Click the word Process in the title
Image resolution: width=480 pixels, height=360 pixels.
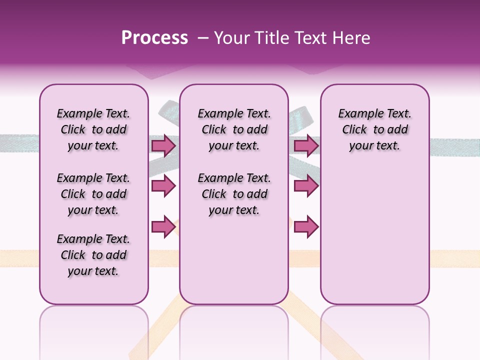tap(154, 38)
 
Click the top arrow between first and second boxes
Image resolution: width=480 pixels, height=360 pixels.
tap(163, 145)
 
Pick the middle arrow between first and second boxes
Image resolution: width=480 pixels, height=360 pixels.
tap(163, 186)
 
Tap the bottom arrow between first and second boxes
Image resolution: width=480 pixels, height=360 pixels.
tap(163, 226)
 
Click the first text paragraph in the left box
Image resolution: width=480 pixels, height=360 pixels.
tap(93, 129)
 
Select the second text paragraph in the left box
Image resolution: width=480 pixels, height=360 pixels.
tap(93, 194)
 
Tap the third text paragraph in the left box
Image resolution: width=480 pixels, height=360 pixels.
tap(93, 255)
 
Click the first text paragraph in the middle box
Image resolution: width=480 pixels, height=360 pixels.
tap(234, 129)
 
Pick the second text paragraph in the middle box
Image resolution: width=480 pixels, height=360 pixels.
tap(234, 194)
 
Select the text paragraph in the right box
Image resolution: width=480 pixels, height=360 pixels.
tap(374, 129)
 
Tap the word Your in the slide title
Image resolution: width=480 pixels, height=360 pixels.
tap(230, 38)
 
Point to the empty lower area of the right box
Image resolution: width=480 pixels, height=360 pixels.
tap(374, 235)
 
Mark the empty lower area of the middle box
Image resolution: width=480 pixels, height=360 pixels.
tap(234, 260)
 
